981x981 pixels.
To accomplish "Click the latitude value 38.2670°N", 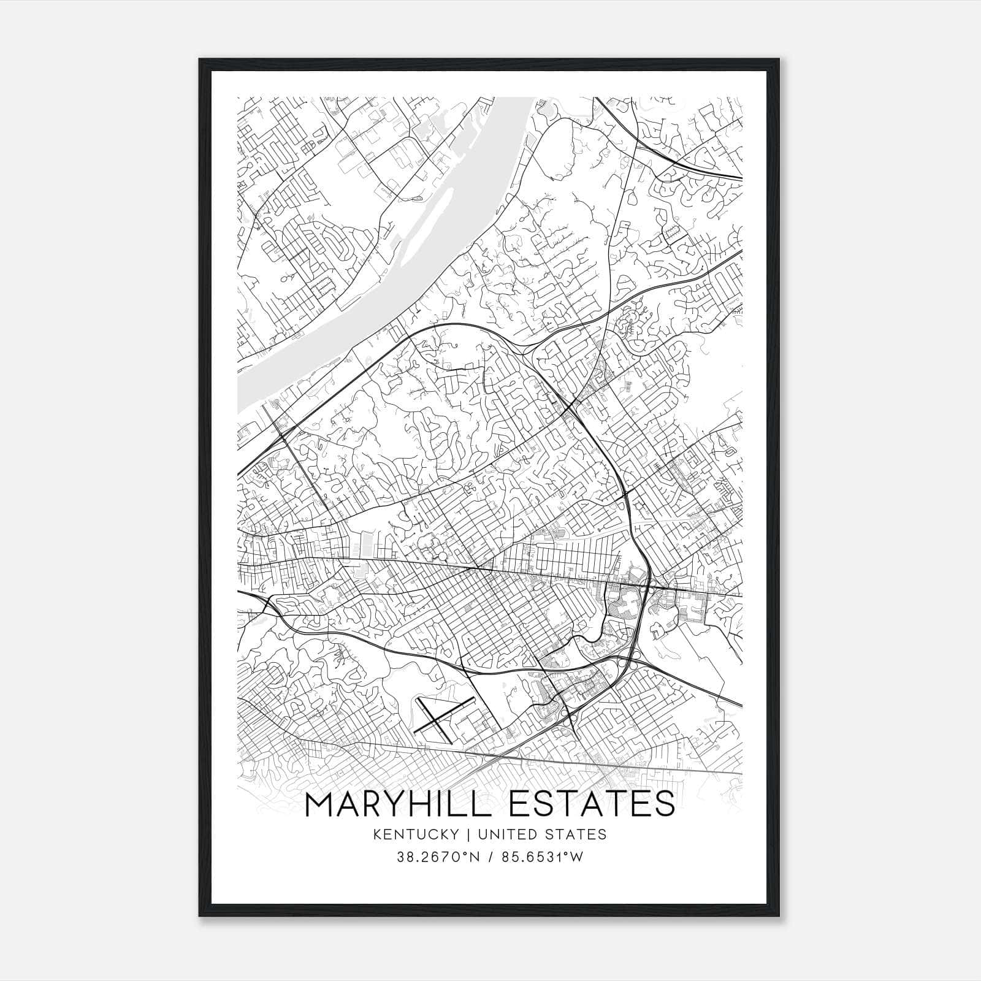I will pos(435,858).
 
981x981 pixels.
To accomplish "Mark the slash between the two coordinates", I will pos(489,858).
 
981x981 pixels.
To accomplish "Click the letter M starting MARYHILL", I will pos(320,804).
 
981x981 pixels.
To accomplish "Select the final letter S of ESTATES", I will pos(665,804).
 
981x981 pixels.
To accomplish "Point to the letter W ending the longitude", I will pos(577,858).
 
